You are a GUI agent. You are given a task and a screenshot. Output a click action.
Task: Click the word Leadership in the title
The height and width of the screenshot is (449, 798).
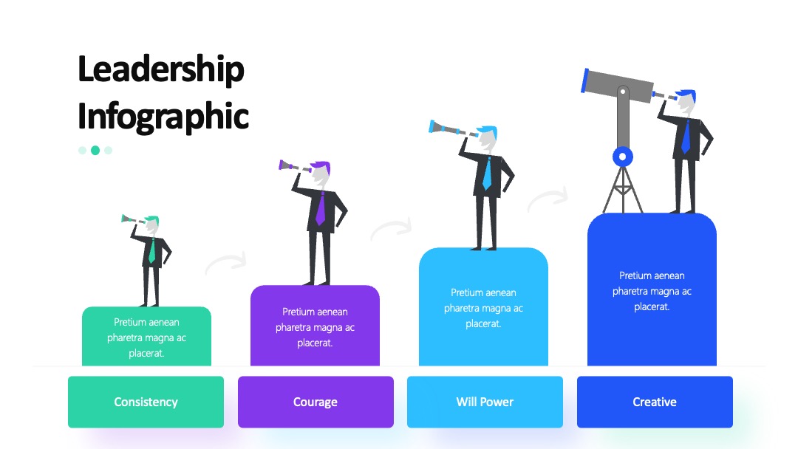pos(161,69)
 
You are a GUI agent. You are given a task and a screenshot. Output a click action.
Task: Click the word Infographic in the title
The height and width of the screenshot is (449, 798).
pos(163,117)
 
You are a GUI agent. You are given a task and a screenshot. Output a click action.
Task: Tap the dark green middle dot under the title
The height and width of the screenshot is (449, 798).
pos(95,150)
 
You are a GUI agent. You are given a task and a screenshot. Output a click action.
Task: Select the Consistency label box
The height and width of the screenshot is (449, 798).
pos(146,402)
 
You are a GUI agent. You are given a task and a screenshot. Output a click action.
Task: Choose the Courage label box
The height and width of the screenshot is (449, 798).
pos(316,402)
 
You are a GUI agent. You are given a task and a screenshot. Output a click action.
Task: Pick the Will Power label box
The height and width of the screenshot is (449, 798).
pos(485,402)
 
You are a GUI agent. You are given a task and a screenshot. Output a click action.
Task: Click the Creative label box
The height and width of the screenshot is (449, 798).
pos(655,402)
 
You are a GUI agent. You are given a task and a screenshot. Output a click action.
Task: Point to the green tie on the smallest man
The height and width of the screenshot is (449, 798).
pos(151,250)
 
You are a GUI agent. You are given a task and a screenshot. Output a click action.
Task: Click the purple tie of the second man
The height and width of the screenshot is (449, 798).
pos(320,208)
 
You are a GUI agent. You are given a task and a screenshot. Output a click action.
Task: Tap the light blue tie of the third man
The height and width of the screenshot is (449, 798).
pos(487,174)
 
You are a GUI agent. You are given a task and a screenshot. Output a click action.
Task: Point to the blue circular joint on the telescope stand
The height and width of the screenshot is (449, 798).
pos(623,157)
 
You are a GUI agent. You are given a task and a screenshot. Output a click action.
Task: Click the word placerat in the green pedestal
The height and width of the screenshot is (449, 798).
pos(146,353)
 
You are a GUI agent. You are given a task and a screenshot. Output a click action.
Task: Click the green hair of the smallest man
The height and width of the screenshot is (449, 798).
pos(151,220)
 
